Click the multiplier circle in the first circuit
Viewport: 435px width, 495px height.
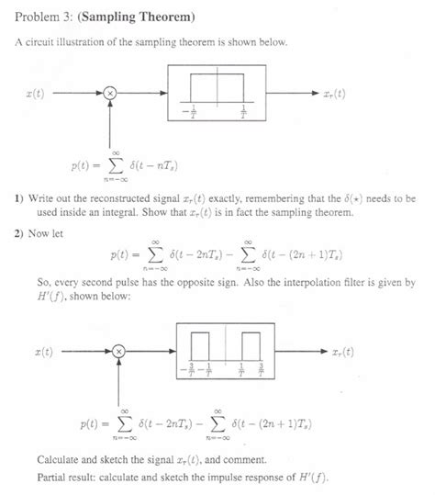click(x=110, y=93)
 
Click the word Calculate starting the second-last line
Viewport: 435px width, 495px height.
click(x=62, y=459)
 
